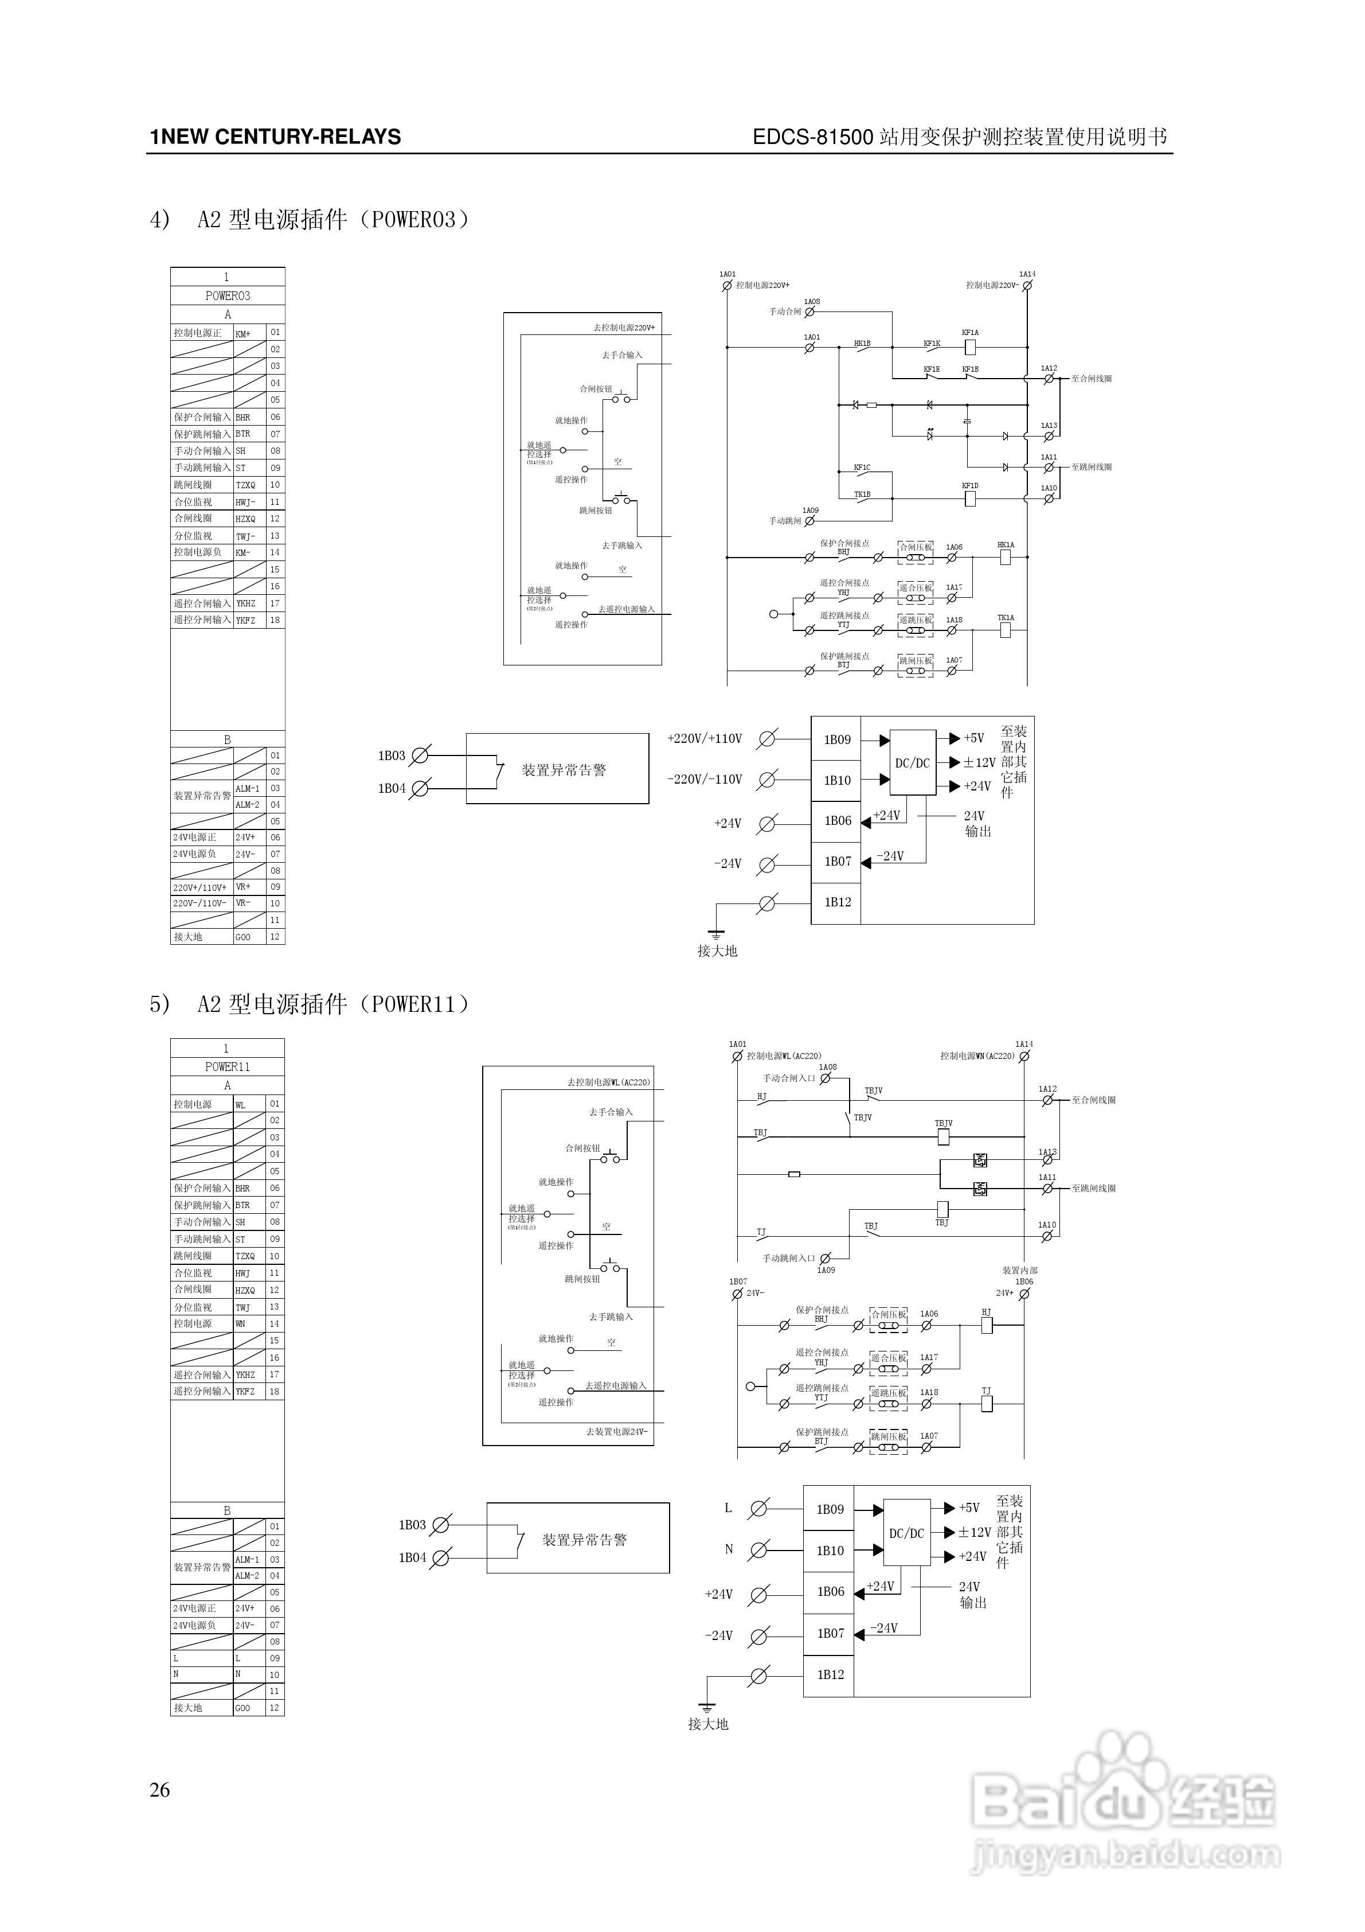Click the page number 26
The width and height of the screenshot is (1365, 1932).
pyautogui.click(x=160, y=1790)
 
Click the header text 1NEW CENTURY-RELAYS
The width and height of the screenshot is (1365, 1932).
pyautogui.click(x=275, y=137)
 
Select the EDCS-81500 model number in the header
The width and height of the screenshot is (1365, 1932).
pyautogui.click(x=812, y=137)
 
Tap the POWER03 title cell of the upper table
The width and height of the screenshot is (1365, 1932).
pyautogui.click(x=227, y=296)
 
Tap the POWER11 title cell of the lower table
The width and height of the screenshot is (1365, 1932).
pyautogui.click(x=227, y=1067)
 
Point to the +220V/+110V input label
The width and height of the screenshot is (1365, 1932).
pyautogui.click(x=704, y=739)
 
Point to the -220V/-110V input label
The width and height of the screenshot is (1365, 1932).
pyautogui.click(x=704, y=779)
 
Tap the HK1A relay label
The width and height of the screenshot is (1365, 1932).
pyautogui.click(x=1006, y=546)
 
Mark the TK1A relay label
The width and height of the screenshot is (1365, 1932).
pyautogui.click(x=1006, y=618)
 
